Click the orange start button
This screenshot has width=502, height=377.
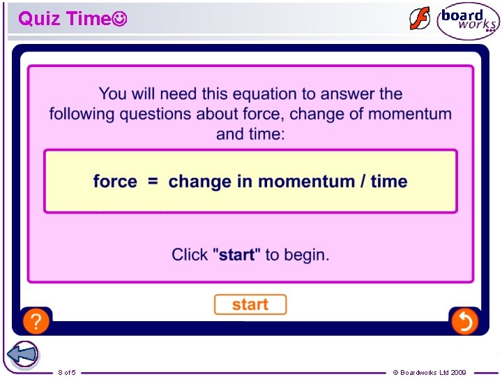[250, 304]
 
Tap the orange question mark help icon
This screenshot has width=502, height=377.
[36, 321]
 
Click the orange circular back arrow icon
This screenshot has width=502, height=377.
[464, 321]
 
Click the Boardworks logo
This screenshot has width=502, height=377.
[468, 21]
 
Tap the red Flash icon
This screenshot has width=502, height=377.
[420, 19]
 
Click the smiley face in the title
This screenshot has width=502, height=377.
[119, 19]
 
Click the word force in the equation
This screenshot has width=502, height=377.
[115, 182]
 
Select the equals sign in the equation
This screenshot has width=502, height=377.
[153, 182]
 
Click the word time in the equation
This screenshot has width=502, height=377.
[389, 182]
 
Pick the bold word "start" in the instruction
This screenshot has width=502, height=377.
[236, 255]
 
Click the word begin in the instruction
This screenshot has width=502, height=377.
[307, 256]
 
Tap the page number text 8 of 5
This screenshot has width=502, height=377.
[67, 372]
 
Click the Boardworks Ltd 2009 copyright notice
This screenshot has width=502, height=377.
[429, 372]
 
